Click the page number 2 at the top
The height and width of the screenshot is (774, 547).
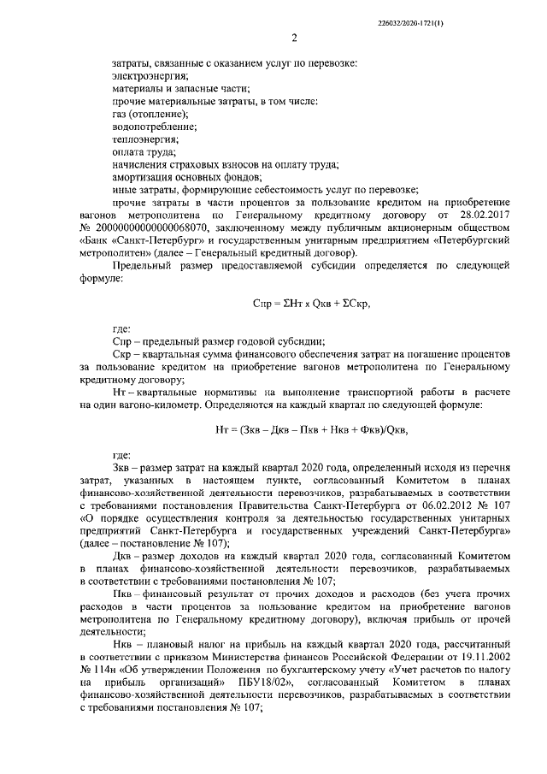coord(293,38)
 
